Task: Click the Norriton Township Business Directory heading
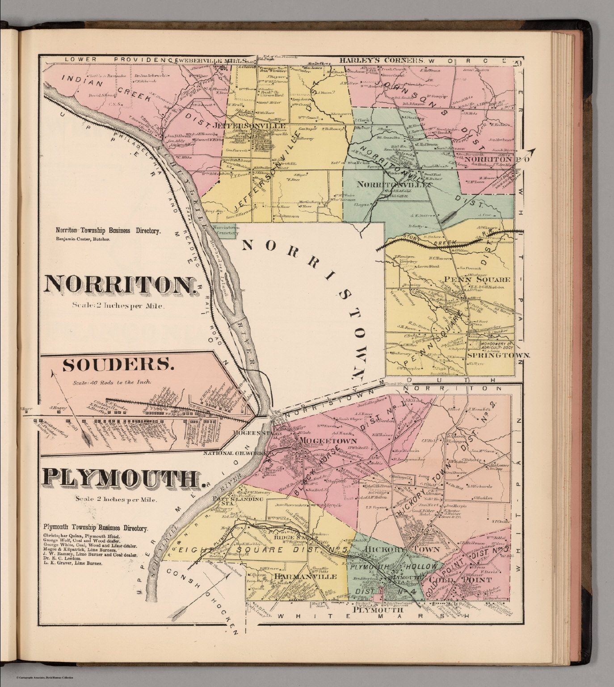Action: [108, 231]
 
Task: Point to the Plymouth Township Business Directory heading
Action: [96, 528]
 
